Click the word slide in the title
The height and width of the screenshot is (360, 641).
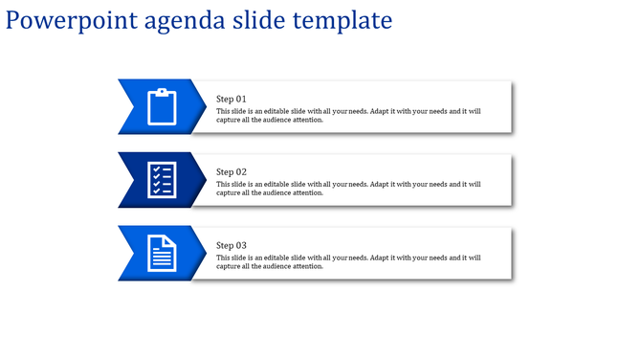256,20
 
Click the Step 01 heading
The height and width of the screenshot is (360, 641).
232,99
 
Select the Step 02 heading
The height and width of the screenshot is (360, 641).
232,172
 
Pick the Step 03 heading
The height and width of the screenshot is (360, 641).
232,245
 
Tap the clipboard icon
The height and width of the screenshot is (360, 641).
163,106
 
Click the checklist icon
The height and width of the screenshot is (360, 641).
162,180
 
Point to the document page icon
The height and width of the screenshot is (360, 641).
163,253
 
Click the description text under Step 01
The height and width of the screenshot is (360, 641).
348,116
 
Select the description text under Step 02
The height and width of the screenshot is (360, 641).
348,189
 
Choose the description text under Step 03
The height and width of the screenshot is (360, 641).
348,261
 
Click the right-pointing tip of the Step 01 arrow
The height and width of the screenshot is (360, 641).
206,106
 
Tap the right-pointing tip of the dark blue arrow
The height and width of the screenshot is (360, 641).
206,179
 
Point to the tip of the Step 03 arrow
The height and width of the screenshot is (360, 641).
206,253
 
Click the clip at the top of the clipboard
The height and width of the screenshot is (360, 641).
163,92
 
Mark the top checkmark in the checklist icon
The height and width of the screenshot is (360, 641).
155,169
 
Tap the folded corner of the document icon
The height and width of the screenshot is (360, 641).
173,239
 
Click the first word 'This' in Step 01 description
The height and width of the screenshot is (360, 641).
224,111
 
